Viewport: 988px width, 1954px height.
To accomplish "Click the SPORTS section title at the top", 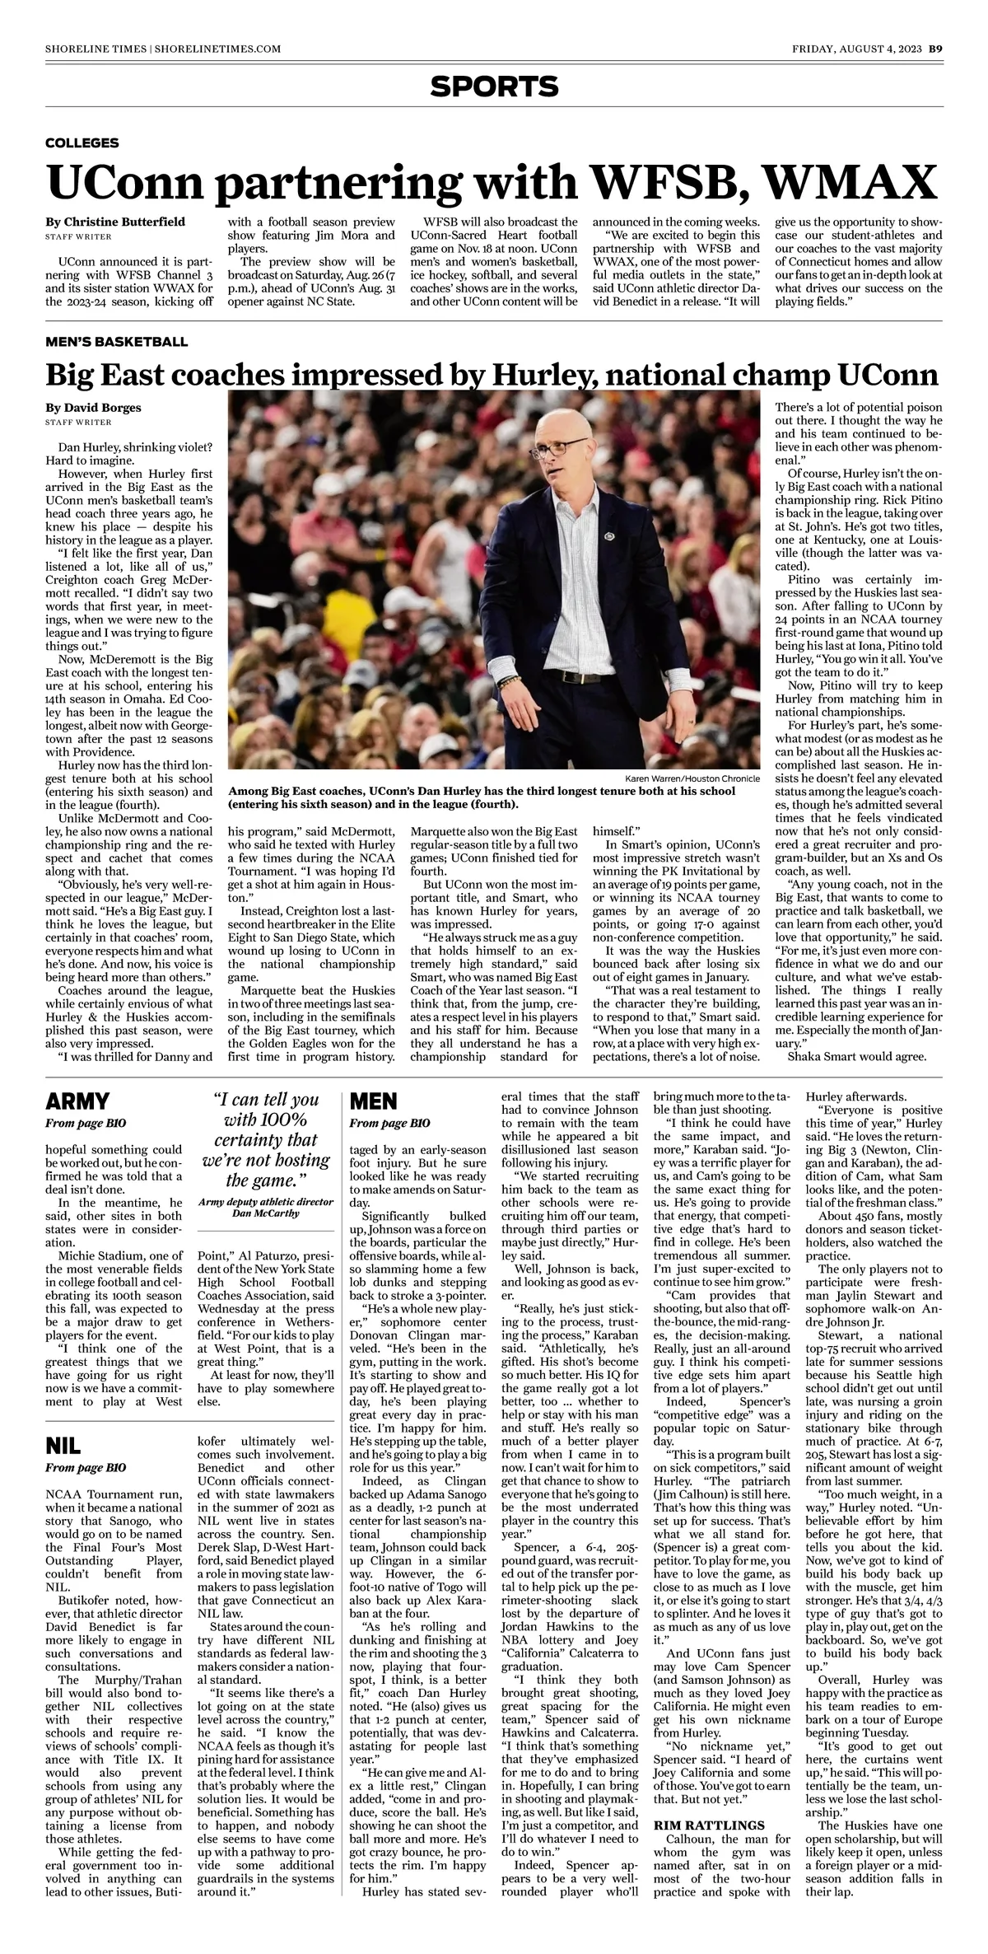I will pos(494,86).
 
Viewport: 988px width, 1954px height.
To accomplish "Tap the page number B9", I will pos(935,49).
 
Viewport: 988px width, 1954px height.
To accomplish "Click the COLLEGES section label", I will pos(82,143).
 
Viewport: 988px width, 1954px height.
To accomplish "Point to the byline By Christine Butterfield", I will pos(115,222).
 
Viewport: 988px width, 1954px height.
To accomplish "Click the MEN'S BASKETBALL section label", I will pos(116,341).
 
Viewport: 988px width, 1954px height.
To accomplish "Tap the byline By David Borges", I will pos(93,407).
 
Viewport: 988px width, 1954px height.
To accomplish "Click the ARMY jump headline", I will pos(77,1101).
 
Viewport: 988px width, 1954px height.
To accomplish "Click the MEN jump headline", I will pos(374,1101).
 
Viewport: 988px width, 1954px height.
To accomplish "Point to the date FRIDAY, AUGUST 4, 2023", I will pos(856,49).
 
